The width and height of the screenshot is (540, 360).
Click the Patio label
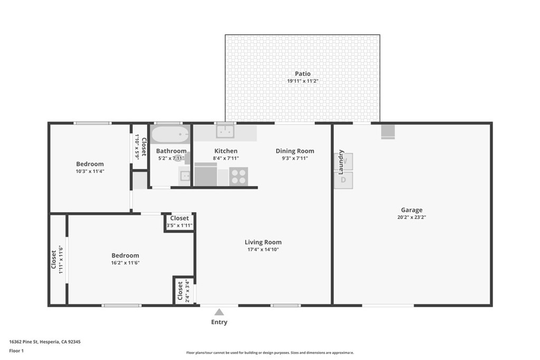[x=303, y=74]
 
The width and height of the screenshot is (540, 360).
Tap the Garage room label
[x=411, y=210]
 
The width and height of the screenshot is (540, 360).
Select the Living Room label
[x=263, y=242]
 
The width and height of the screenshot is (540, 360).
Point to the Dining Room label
[x=295, y=151]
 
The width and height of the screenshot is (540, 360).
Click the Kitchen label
[x=226, y=151]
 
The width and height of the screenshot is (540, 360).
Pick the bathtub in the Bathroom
[x=170, y=135]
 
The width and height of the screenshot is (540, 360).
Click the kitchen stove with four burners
[x=238, y=176]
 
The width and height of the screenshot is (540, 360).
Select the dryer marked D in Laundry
[x=343, y=180]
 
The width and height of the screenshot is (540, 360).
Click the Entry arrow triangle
[x=219, y=312]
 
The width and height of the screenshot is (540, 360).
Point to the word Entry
[x=219, y=322]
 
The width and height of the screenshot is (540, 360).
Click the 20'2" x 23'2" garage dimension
[x=411, y=217]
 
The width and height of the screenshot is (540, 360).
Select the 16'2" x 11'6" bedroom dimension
[x=126, y=262]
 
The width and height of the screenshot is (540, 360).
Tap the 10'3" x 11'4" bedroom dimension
[x=90, y=171]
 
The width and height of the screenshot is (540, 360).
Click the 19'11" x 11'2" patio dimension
[x=303, y=81]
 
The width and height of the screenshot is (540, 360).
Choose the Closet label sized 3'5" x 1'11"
[x=179, y=218]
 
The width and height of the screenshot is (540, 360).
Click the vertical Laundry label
[x=341, y=162]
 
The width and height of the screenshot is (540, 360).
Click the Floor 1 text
[x=16, y=350]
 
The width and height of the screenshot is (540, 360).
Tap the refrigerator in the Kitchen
[x=206, y=174]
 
